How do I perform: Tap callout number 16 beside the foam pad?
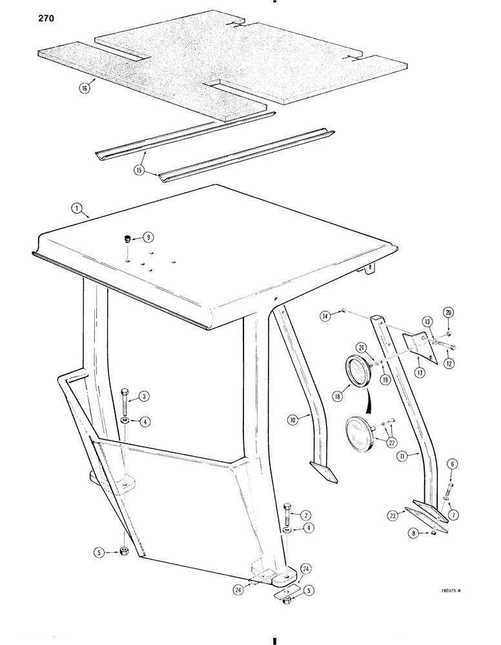click(x=84, y=88)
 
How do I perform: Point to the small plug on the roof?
click(x=127, y=240)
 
